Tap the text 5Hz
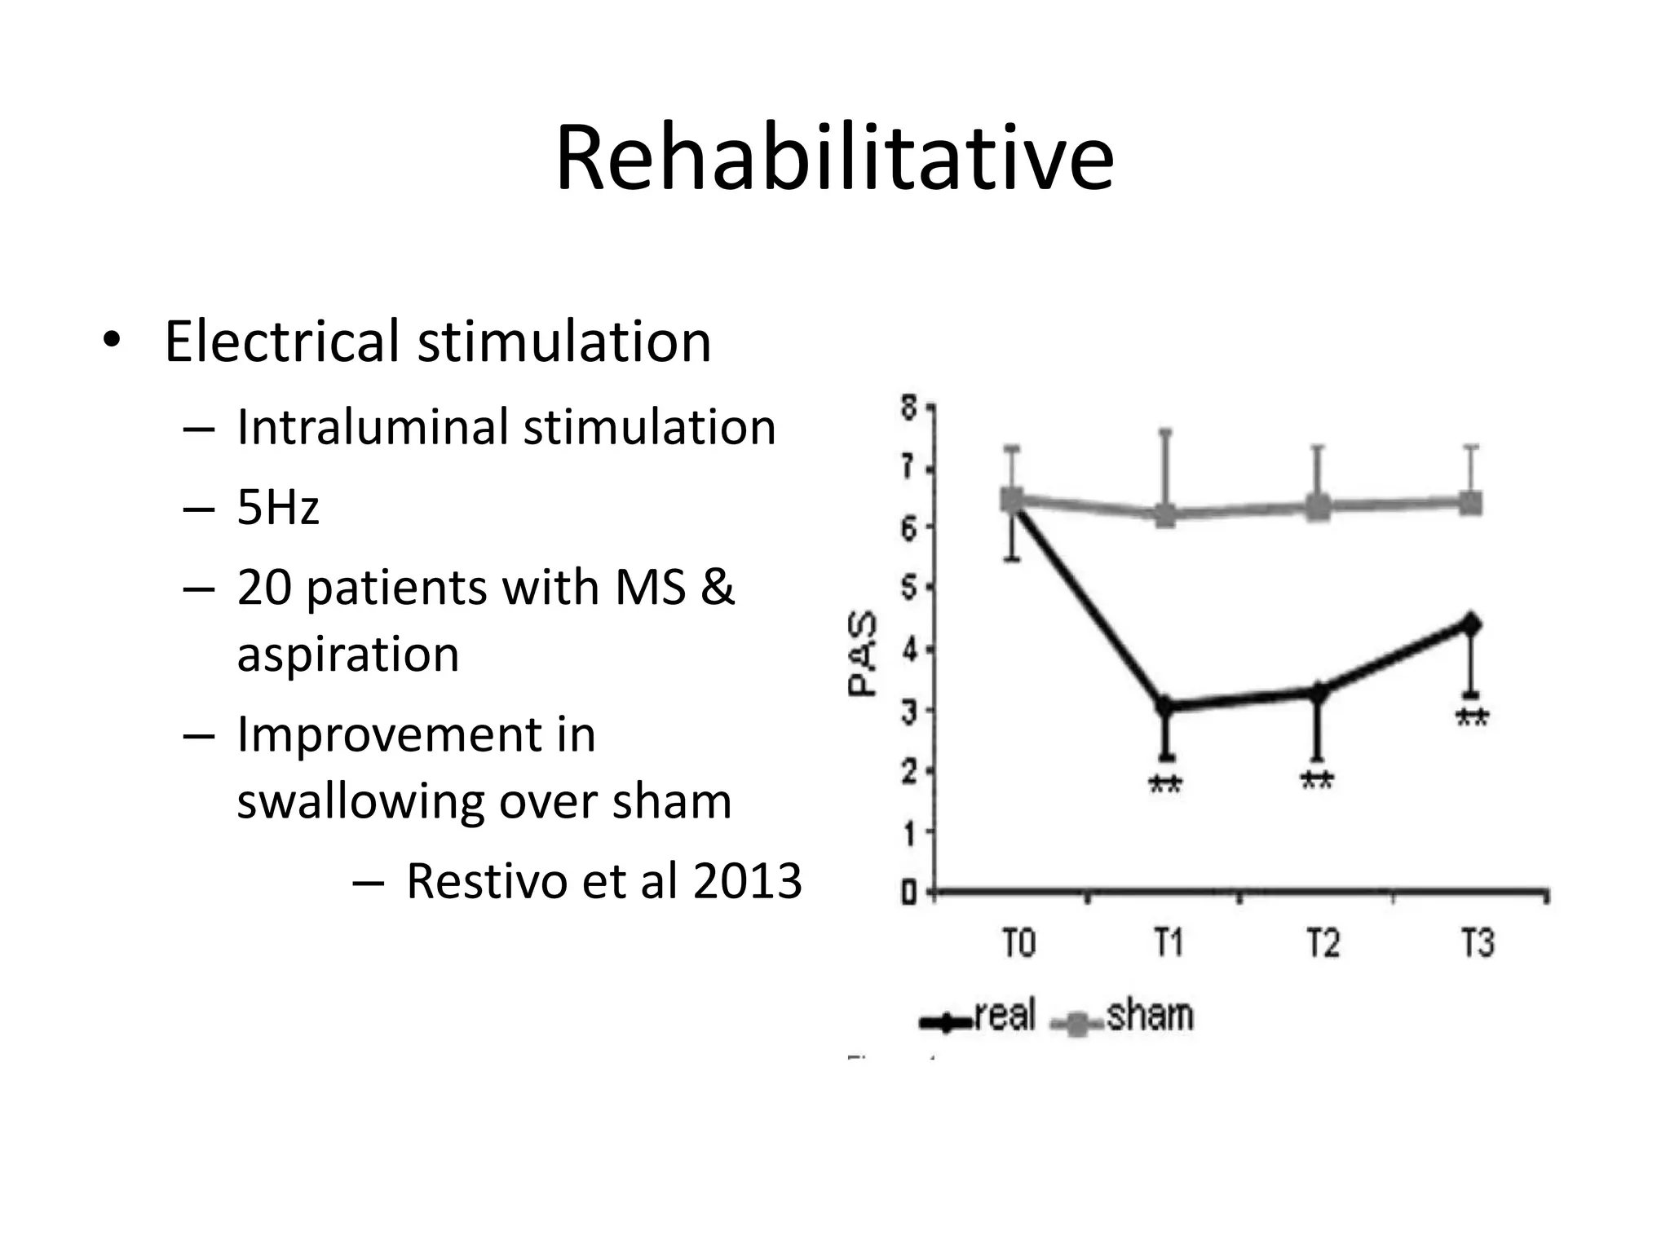[277, 507]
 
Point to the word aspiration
[348, 654]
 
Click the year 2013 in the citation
[747, 881]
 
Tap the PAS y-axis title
[862, 654]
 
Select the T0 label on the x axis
[1018, 944]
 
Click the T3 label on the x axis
[1477, 944]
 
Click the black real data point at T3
[1471, 625]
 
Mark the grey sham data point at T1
[1166, 515]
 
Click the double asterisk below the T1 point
[1164, 786]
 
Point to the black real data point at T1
[1166, 707]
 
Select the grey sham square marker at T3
[1470, 503]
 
